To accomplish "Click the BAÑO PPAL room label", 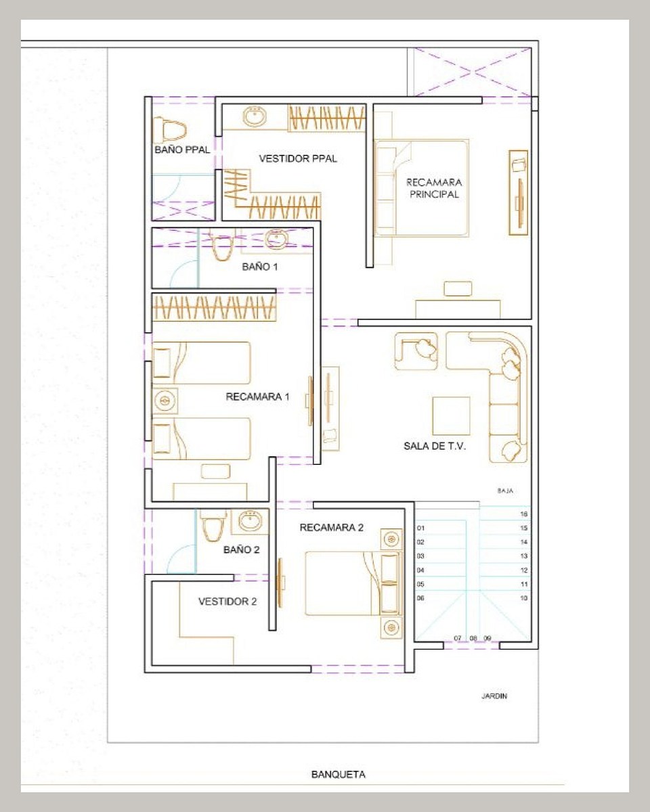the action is pyautogui.click(x=182, y=150).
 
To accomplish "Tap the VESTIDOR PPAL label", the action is pyautogui.click(x=298, y=159).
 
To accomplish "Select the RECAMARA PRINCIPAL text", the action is pyautogui.click(x=434, y=188).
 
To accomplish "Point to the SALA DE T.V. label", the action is pyautogui.click(x=435, y=446).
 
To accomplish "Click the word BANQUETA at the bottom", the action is pyautogui.click(x=338, y=771).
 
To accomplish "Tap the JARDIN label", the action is pyautogui.click(x=494, y=696).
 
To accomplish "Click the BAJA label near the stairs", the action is pyautogui.click(x=505, y=491).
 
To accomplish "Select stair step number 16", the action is pyautogui.click(x=523, y=514).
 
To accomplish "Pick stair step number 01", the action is pyautogui.click(x=420, y=528).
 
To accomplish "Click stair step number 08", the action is pyautogui.click(x=473, y=638).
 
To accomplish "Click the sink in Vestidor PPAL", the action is pyautogui.click(x=254, y=116).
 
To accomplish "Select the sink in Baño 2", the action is pyautogui.click(x=251, y=522).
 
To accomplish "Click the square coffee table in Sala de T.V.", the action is pyautogui.click(x=452, y=415).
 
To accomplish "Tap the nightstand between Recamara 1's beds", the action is pyautogui.click(x=165, y=401).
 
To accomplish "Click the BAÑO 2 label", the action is pyautogui.click(x=241, y=549).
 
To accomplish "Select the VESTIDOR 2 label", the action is pyautogui.click(x=227, y=602).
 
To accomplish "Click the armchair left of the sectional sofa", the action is pyautogui.click(x=416, y=351).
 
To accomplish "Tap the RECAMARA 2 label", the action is pyautogui.click(x=331, y=528).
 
